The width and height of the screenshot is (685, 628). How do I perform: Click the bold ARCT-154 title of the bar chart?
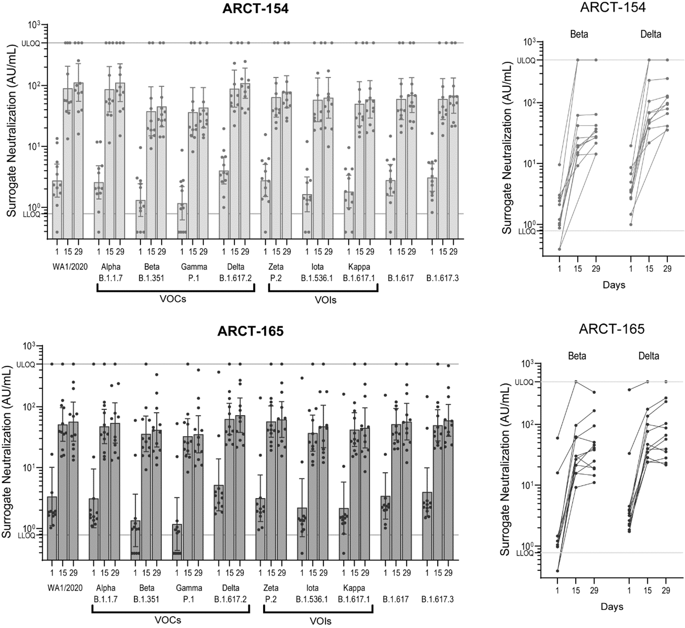click(x=255, y=9)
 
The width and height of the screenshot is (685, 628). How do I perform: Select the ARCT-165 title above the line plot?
click(x=612, y=329)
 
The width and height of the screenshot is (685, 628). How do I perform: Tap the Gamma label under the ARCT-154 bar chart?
click(x=194, y=267)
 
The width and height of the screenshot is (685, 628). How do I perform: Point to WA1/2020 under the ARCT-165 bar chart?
click(x=65, y=588)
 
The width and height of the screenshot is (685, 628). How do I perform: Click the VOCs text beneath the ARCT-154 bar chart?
click(x=173, y=299)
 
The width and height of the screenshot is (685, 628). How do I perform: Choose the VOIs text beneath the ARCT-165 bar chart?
click(x=321, y=621)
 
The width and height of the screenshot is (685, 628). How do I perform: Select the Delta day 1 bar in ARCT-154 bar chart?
click(x=224, y=204)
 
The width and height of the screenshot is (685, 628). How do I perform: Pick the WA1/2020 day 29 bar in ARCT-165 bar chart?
click(x=73, y=490)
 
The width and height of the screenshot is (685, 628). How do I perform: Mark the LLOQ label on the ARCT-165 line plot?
click(x=525, y=553)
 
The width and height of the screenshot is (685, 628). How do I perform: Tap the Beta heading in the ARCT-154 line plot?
click(x=579, y=34)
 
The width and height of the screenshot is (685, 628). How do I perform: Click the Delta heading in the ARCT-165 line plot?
click(x=648, y=356)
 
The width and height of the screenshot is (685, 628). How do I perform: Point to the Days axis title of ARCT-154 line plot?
click(x=614, y=285)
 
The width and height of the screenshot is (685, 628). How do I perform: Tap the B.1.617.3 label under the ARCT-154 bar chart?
click(x=442, y=278)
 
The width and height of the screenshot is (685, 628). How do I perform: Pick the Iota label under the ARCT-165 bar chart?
click(x=312, y=588)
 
